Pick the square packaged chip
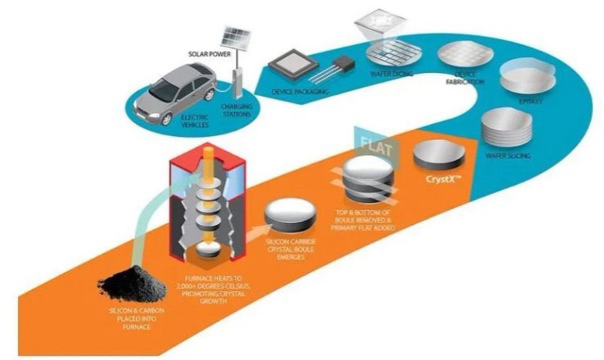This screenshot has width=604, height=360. tap(292, 66)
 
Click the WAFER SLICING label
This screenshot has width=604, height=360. tap(508, 156)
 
